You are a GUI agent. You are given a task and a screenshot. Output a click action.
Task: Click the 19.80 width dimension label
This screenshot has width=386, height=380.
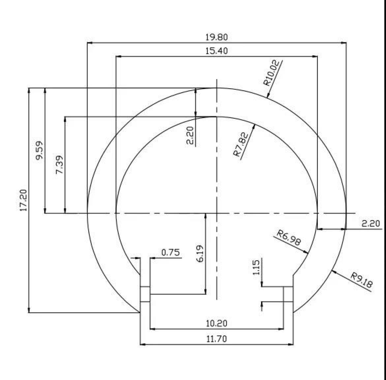click(217, 38)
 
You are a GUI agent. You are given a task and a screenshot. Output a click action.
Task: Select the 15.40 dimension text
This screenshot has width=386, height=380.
click(217, 51)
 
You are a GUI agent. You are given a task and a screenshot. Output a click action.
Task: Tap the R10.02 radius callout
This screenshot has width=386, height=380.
click(272, 73)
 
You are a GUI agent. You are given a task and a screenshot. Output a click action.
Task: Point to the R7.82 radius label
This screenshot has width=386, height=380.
click(241, 144)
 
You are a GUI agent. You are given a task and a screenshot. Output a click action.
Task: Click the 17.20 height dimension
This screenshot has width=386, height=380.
click(23, 200)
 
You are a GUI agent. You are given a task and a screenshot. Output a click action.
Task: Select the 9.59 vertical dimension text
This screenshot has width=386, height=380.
click(39, 150)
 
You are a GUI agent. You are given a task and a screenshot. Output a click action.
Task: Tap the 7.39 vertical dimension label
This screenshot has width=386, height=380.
click(59, 165)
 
